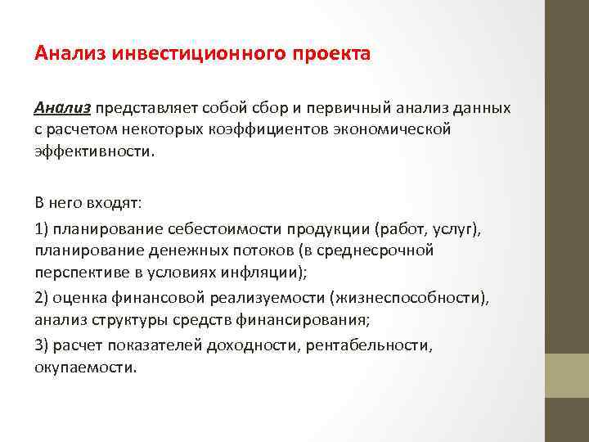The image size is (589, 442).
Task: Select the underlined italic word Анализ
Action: tap(64, 108)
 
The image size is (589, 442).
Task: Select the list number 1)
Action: tap(43, 228)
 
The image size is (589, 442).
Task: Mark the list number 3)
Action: tap(43, 345)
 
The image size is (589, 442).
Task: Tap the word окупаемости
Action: tap(84, 367)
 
